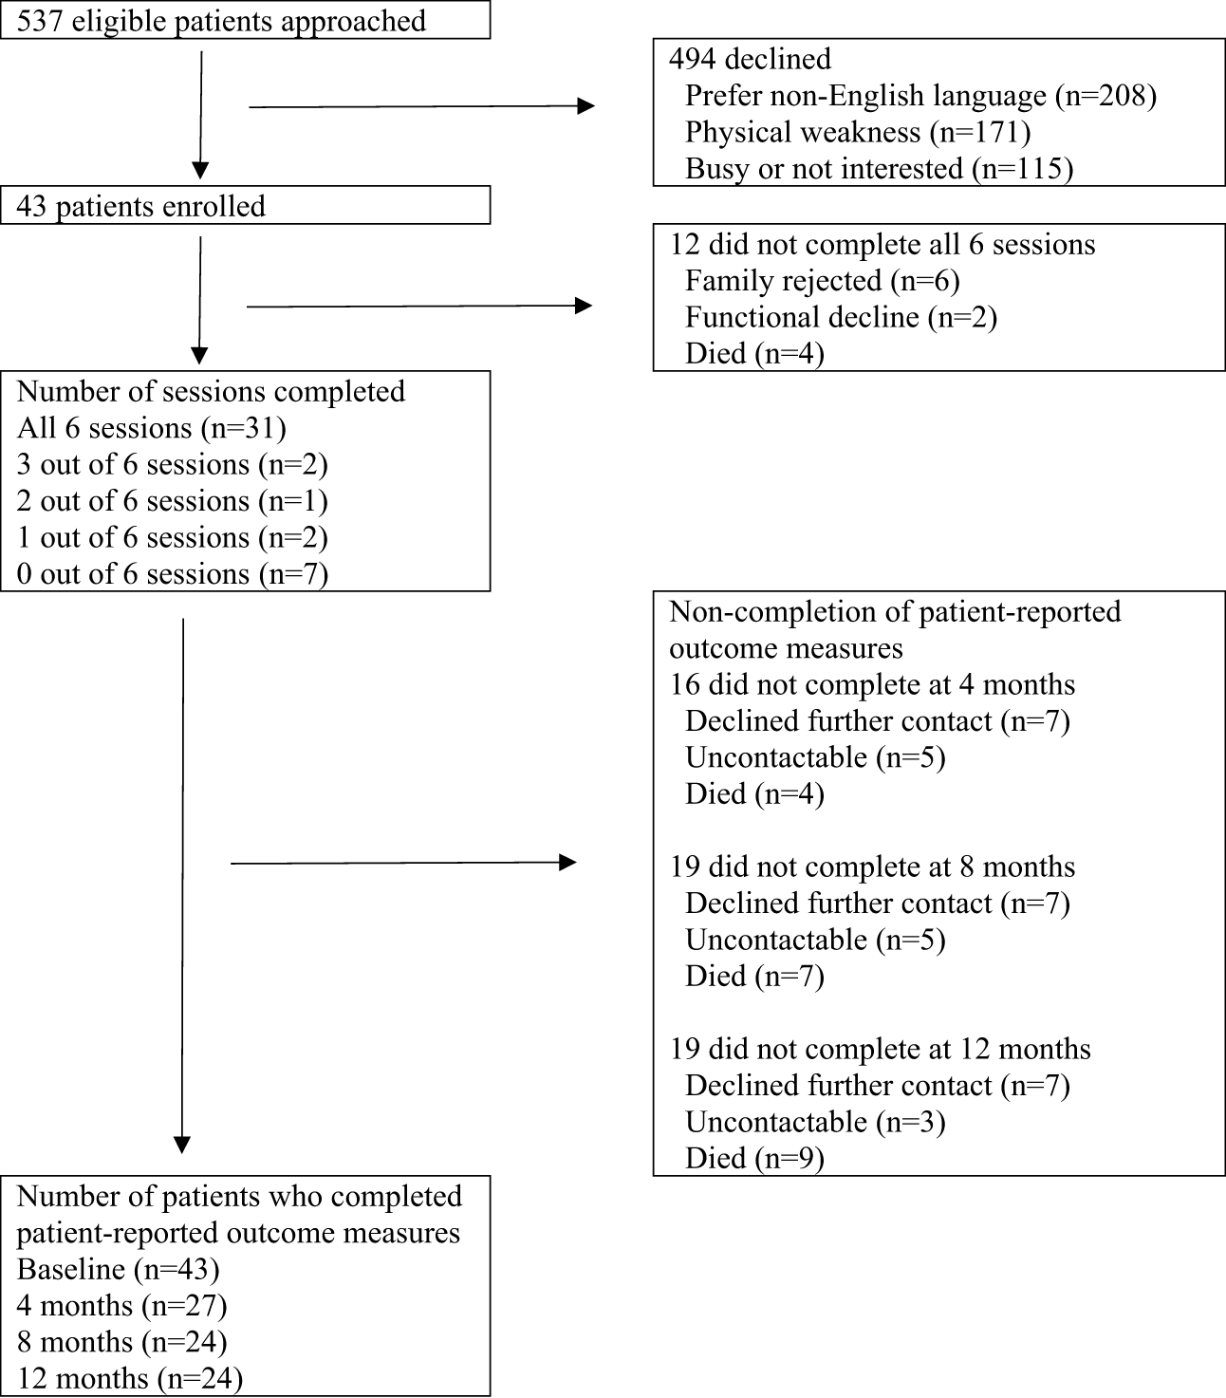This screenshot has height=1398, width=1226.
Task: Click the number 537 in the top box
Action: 39,21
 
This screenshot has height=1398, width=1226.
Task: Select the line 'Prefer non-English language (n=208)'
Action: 920,96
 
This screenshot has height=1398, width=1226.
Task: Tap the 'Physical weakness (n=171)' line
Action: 858,133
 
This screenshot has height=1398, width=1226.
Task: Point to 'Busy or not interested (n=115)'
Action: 879,169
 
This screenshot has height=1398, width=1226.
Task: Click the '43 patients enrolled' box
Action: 245,205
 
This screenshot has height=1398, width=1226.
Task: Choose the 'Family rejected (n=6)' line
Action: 823,281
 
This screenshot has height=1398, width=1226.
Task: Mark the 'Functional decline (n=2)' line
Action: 841,317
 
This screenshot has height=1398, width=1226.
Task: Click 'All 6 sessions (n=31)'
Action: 151,428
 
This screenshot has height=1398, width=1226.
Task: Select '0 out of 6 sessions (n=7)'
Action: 172,574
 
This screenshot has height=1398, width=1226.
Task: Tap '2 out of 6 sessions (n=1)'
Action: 172,502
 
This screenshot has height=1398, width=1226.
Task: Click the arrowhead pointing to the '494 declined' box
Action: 585,106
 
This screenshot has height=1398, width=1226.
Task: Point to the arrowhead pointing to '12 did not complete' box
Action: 583,306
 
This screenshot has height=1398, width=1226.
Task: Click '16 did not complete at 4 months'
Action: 872,685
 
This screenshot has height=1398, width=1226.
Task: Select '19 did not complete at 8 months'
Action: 872,867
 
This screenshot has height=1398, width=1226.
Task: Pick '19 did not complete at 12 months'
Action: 881,1050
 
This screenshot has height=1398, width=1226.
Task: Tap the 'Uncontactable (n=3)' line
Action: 815,1123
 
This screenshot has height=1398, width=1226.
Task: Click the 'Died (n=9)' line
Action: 754,1159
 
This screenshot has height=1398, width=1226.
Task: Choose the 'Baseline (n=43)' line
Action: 118,1270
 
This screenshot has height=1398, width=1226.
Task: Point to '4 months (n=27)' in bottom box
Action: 122,1306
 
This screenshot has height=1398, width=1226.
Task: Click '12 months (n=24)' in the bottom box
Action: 130,1379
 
